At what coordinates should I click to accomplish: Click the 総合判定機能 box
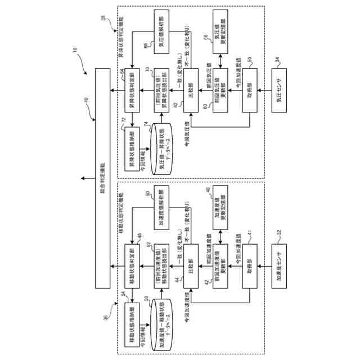click(102, 177)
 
